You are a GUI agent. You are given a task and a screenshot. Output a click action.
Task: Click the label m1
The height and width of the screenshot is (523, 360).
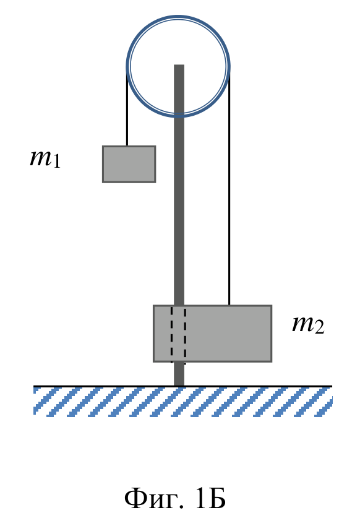click(x=45, y=158)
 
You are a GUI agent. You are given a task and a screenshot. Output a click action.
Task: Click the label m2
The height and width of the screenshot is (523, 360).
click(x=308, y=324)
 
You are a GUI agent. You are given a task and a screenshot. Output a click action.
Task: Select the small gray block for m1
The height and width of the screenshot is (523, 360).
click(x=129, y=164)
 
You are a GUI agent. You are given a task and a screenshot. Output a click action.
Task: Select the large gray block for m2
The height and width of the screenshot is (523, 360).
click(x=212, y=333)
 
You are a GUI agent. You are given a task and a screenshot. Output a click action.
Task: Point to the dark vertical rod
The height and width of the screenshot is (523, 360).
click(x=179, y=225)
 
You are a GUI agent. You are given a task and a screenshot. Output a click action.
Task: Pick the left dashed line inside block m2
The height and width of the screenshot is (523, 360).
click(x=172, y=334)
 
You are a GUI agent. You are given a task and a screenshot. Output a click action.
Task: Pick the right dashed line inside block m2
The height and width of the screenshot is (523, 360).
click(x=185, y=335)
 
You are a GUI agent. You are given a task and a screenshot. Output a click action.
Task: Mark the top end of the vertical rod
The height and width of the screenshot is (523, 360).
click(x=179, y=65)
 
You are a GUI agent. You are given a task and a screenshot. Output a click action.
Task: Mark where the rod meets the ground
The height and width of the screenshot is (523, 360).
click(x=179, y=386)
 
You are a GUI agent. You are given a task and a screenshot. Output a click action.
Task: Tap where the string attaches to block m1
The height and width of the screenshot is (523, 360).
click(x=127, y=146)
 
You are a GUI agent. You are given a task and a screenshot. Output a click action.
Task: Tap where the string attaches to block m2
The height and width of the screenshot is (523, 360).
click(x=229, y=305)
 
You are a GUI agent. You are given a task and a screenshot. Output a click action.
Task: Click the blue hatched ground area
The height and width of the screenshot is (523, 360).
click(x=182, y=402)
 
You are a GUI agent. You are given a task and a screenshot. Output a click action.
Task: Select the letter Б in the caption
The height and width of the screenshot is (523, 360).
click(x=217, y=499)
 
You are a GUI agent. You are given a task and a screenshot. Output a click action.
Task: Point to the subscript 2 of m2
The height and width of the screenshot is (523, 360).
click(x=319, y=327)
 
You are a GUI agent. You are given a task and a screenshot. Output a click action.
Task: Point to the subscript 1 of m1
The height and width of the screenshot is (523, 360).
click(x=57, y=161)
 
